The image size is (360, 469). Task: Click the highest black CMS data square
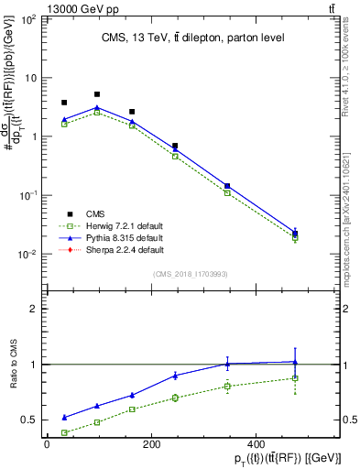[x=97, y=94]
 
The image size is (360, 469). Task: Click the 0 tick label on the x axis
[x=47, y=445]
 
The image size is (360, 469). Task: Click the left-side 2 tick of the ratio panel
[x=34, y=309]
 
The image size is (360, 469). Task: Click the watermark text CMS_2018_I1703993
[x=190, y=273]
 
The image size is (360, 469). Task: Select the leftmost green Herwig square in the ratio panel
[x=64, y=432]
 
